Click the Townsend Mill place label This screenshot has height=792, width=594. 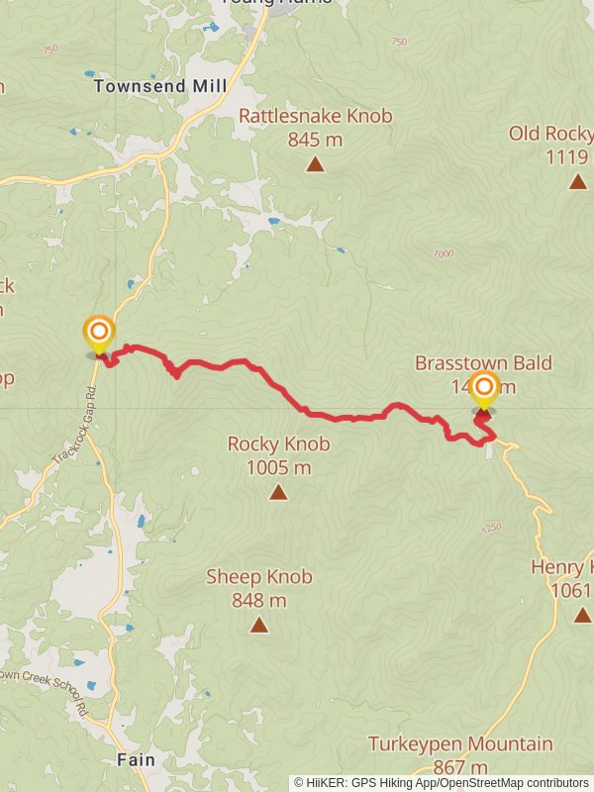(160, 86)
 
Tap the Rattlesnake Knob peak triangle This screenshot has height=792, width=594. (315, 164)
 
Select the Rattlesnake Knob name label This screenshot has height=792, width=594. (315, 117)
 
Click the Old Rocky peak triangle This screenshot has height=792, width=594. (578, 181)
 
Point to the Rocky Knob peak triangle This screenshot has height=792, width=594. (278, 492)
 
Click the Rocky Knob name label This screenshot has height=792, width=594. (278, 445)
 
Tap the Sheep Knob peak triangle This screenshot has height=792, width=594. (259, 625)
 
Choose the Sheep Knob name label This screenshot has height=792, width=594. (259, 576)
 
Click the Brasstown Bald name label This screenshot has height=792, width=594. (483, 363)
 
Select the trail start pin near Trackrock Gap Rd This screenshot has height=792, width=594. (99, 333)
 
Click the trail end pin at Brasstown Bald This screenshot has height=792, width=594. (484, 390)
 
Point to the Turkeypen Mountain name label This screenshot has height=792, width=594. (460, 743)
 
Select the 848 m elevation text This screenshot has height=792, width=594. (259, 600)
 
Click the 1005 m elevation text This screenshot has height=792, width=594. (278, 467)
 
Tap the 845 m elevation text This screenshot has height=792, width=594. (315, 140)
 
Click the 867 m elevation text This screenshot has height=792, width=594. (460, 767)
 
